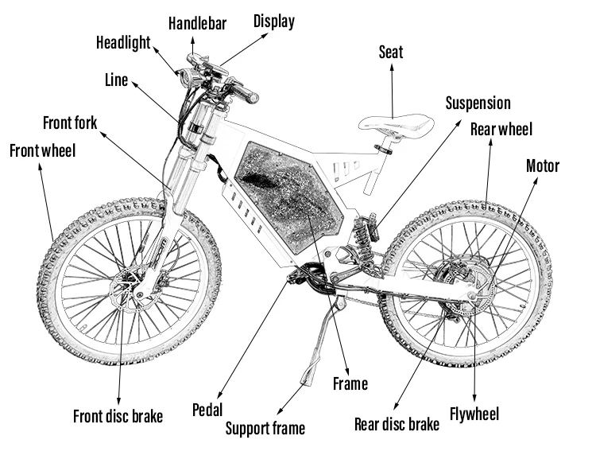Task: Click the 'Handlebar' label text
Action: tap(197, 23)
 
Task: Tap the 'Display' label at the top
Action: tap(274, 21)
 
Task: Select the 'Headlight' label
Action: tap(123, 42)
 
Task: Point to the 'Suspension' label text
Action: tap(478, 103)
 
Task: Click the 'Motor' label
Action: tap(543, 166)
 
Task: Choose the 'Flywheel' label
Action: tap(474, 414)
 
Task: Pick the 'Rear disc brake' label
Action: tap(397, 424)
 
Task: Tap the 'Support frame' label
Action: tap(265, 428)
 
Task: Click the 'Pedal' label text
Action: tap(207, 410)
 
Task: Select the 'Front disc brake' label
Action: tap(118, 416)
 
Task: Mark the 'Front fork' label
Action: tap(70, 123)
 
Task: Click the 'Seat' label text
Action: tap(391, 53)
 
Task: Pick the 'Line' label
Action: tap(116, 80)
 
